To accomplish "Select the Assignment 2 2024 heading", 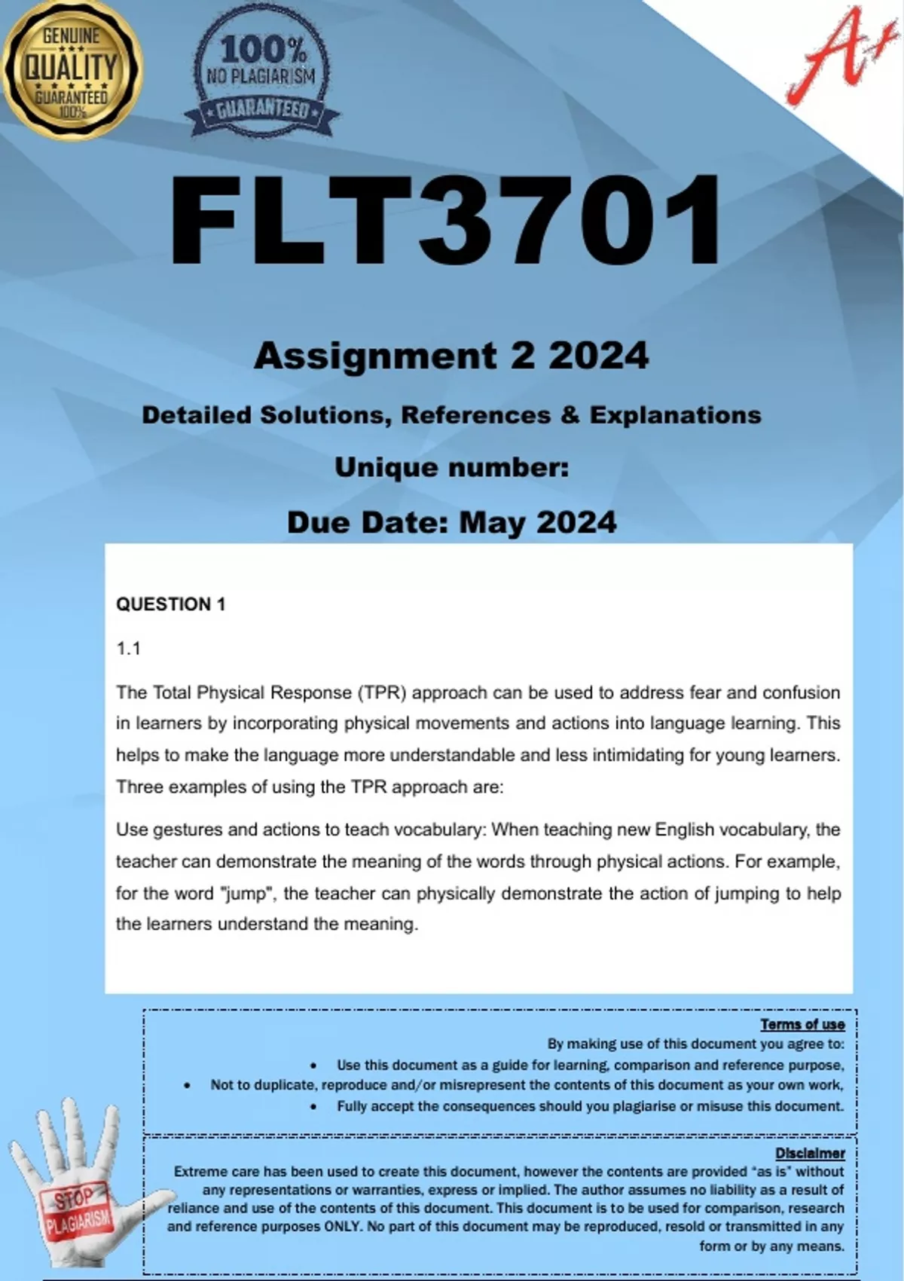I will (451, 356).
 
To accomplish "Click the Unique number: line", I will (451, 468).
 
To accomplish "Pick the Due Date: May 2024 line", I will (451, 522).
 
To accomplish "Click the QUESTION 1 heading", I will (170, 604).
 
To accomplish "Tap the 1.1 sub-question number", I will (128, 649).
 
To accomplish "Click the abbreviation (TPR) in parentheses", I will (382, 692).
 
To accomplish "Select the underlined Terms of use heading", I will (802, 1024).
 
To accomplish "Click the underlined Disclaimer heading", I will (810, 1153).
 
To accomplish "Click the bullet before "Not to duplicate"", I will (187, 1086).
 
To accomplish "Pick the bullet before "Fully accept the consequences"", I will (313, 1107).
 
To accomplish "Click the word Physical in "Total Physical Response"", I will (231, 692).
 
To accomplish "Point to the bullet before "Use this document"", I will (313, 1065).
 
